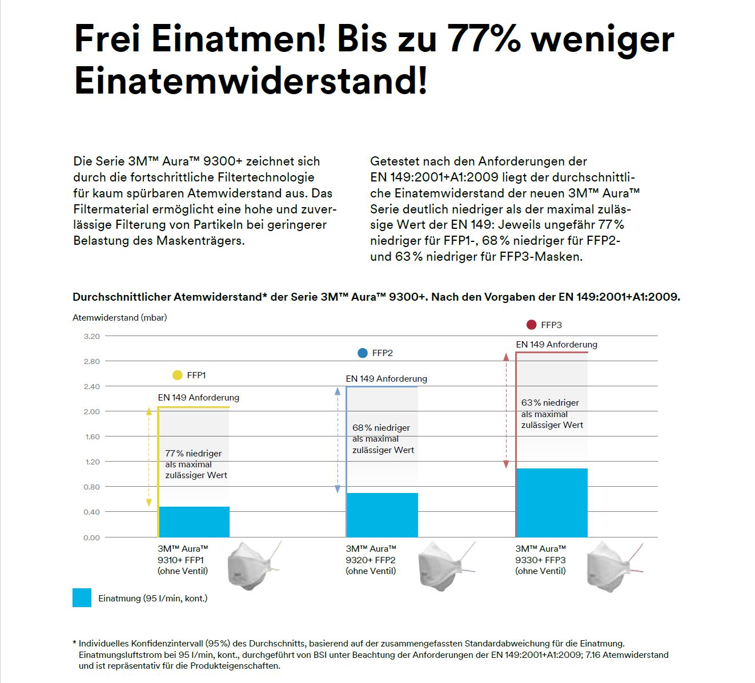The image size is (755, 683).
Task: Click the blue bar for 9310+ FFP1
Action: (194, 522)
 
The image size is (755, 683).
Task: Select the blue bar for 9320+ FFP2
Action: (382, 515)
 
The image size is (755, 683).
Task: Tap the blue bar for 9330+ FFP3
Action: (552, 503)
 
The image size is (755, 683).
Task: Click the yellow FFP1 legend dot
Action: (177, 375)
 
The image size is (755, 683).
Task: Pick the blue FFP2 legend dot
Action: (362, 353)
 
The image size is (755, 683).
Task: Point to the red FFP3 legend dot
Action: (531, 325)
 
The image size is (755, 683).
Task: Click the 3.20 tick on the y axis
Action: (91, 336)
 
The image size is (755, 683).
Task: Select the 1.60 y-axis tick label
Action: (91, 437)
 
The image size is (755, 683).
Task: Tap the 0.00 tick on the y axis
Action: (91, 537)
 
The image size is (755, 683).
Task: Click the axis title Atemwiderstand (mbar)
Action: (119, 317)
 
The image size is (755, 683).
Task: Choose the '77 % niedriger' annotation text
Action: (193, 453)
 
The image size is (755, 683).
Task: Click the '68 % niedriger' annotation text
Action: (381, 427)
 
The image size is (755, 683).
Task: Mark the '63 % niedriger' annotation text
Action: (550, 402)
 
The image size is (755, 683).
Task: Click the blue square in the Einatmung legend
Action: (82, 598)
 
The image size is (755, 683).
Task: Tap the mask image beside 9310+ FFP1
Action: (251, 565)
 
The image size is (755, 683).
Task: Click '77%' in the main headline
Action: (484, 39)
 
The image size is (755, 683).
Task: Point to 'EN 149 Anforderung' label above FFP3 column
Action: (556, 344)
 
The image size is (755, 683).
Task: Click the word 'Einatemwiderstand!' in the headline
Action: (251, 80)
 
